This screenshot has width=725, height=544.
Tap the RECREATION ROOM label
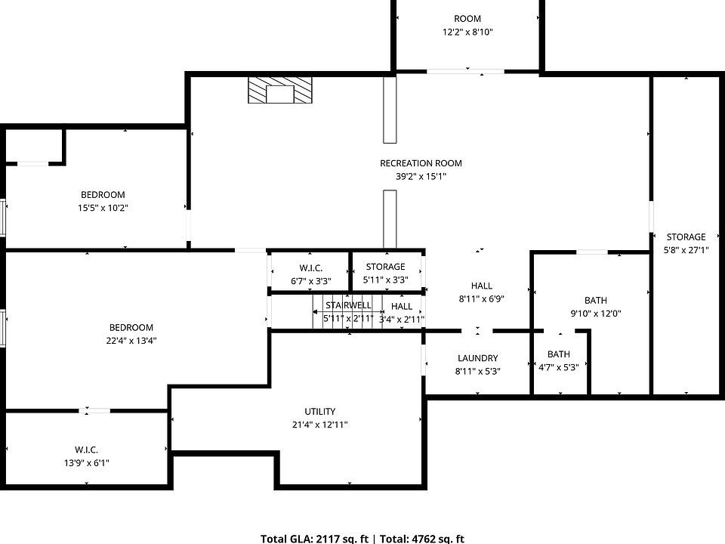pos(421,163)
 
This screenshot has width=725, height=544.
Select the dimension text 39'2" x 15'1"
pos(421,177)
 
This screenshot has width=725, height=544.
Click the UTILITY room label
pos(319,411)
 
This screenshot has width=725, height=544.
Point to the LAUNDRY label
pos(477,358)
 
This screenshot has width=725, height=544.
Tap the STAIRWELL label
pos(348,305)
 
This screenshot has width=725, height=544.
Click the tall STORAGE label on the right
pos(686,237)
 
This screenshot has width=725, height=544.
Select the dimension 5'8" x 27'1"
pos(686,250)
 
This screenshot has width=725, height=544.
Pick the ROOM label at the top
pos(467,19)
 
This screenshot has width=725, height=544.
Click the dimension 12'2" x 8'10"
pos(467,32)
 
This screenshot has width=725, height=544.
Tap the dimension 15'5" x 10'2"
pos(103,209)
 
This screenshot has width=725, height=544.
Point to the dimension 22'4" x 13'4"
pos(131,341)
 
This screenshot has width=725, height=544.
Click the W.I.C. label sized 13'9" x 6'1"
pos(86,450)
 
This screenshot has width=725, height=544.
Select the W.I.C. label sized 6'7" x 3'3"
pos(310,267)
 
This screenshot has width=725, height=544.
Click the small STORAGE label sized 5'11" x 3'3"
pos(385,267)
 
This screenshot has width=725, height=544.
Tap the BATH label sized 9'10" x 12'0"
pos(595,301)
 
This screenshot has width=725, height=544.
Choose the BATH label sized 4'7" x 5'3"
pos(559,354)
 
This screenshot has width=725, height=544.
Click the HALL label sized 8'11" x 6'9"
pos(481,286)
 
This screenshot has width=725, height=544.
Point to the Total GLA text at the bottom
pos(314,539)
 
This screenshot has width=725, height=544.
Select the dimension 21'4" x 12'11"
pos(320,425)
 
